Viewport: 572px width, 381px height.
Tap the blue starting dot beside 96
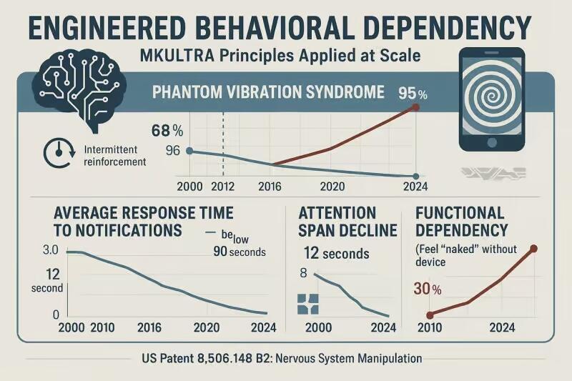click(189, 151)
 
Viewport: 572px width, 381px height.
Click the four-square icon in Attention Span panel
click(307, 303)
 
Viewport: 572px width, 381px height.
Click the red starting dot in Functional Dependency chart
click(430, 315)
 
